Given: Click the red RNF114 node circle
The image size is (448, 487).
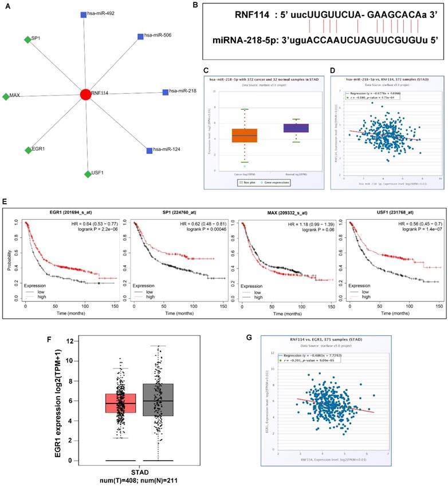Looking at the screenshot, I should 85,94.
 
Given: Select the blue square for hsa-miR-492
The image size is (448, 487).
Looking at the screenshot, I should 84,14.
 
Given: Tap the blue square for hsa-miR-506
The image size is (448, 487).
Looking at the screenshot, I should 140,37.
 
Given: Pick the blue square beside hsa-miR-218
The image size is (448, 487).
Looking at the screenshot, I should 165,92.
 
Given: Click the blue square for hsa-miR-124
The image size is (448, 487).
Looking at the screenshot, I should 149,151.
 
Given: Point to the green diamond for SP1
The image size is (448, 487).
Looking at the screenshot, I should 27,39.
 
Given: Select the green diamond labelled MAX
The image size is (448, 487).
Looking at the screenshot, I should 6,96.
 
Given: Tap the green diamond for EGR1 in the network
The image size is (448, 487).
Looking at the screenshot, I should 27,150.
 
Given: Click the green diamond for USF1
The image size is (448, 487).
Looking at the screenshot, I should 87,173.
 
